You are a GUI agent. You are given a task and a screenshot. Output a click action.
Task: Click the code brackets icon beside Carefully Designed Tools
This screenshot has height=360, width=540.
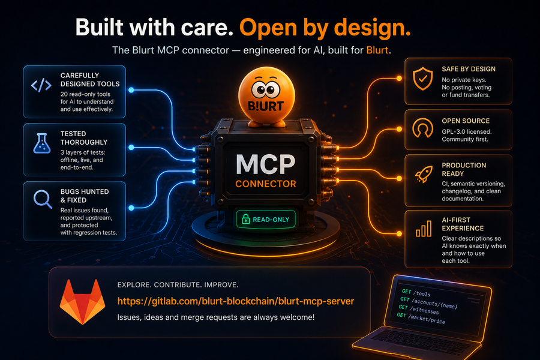(x=41, y=85)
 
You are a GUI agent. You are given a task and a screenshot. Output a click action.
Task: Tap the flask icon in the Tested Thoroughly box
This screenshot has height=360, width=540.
(x=41, y=143)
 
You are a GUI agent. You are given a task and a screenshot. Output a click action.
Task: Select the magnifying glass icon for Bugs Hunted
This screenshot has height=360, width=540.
(x=43, y=199)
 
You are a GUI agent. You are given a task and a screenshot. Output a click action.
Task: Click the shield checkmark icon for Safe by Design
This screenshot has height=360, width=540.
(x=422, y=79)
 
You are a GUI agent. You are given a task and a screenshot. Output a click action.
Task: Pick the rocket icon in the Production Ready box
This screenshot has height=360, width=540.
(x=424, y=174)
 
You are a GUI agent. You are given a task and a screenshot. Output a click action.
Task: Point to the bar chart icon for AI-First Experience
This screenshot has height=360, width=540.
(x=423, y=229)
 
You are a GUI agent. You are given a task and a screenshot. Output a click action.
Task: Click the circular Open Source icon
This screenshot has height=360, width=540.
(x=422, y=128)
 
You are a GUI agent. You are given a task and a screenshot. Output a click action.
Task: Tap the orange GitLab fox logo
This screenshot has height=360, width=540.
(x=82, y=302)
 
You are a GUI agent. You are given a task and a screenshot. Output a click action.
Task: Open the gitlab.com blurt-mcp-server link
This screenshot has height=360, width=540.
(x=236, y=301)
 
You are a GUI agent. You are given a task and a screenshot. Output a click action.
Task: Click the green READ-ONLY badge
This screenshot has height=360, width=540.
(x=266, y=220)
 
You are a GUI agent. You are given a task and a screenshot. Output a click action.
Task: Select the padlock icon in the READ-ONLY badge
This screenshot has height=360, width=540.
(x=245, y=219)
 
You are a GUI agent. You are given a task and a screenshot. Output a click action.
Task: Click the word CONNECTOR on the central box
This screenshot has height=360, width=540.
(x=266, y=184)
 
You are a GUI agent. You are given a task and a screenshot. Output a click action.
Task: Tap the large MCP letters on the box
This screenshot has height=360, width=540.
(x=266, y=164)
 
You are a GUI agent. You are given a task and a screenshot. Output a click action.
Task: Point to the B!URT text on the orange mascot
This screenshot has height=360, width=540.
(x=266, y=106)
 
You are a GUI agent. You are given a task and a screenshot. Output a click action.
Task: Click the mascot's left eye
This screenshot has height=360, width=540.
(x=259, y=90)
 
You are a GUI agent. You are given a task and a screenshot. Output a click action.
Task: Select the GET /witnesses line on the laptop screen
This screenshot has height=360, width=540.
(x=418, y=309)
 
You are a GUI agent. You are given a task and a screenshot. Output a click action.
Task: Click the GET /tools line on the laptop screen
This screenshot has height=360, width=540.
(x=416, y=293)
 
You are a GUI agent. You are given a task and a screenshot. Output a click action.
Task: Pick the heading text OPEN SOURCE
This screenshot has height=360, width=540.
(x=466, y=121)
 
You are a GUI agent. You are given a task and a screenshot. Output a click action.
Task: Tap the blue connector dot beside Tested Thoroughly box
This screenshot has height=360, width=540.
(x=131, y=148)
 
